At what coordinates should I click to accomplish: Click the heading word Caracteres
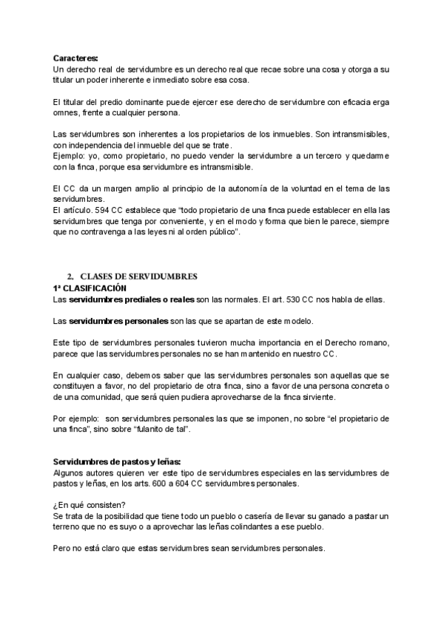pos(75,58)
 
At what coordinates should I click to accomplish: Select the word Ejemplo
pos(69,157)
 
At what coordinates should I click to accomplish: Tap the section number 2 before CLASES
pos(69,277)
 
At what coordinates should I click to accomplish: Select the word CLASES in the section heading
pos(97,277)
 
